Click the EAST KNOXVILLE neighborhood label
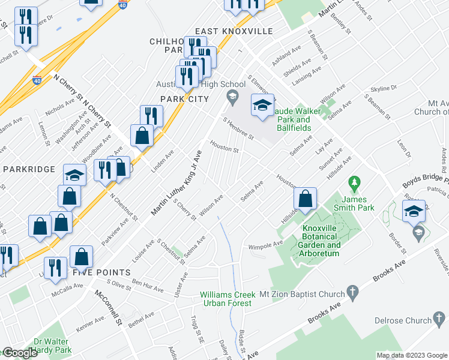click(x=234, y=31)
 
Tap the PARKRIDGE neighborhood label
click(x=29, y=169)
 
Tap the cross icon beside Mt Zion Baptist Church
click(x=354, y=294)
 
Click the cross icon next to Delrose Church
click(x=440, y=320)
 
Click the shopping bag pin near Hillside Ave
click(x=305, y=199)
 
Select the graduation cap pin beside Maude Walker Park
click(x=262, y=106)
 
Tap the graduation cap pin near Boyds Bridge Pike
click(x=414, y=212)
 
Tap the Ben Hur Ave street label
click(x=148, y=286)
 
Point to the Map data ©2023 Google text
click(x=411, y=355)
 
